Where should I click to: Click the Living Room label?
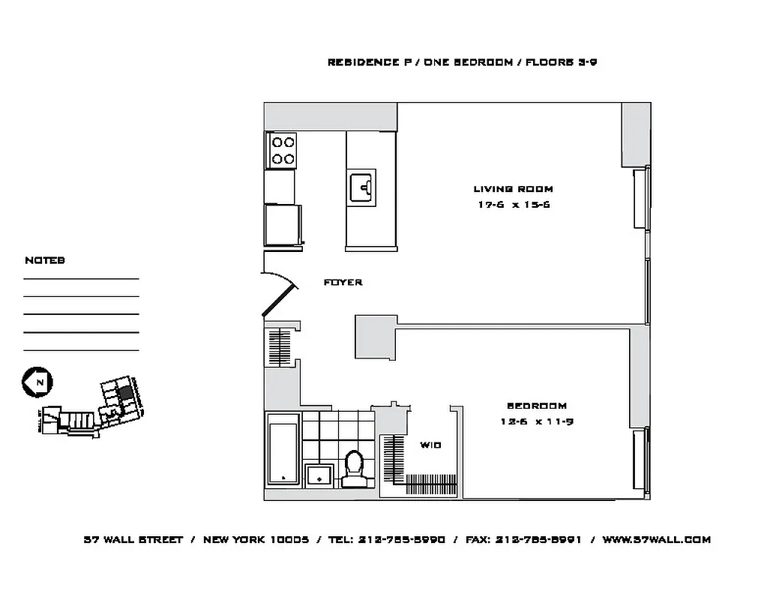(513, 189)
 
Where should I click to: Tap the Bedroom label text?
(536, 406)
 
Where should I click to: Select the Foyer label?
(343, 282)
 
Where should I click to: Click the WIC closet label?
(430, 445)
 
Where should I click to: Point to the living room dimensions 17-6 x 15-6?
(513, 205)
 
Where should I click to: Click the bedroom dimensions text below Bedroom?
(536, 421)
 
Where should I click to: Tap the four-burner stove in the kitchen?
(282, 150)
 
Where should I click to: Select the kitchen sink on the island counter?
(362, 187)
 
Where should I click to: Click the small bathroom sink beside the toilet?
(320, 475)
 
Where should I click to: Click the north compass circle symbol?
(35, 382)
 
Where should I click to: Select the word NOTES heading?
(44, 260)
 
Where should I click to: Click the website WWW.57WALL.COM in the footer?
(656, 539)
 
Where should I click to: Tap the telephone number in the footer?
(402, 539)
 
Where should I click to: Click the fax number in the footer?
(538, 539)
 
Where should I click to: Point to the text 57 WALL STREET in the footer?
(133, 539)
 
